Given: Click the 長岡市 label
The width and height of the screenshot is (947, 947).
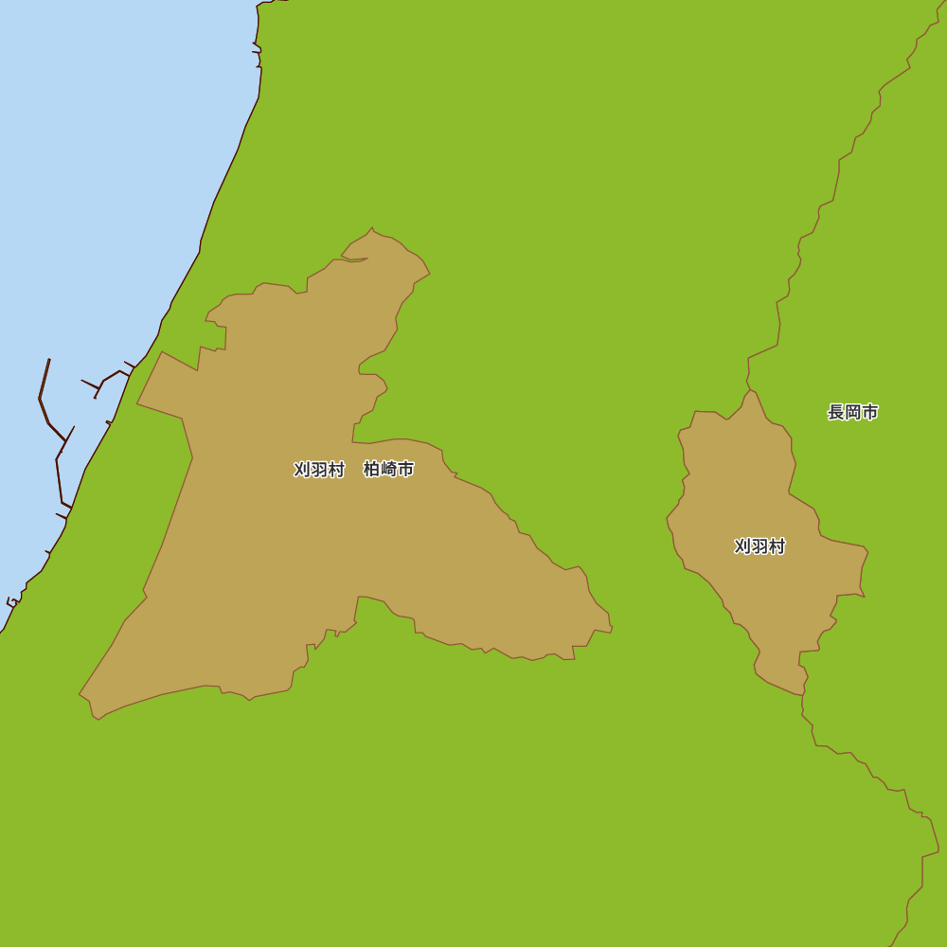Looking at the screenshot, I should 852,412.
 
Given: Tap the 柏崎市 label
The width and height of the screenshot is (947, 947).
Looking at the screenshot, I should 388,469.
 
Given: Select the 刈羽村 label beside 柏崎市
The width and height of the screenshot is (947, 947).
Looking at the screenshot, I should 319,470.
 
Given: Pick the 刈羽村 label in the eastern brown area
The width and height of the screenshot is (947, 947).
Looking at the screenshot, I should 759,546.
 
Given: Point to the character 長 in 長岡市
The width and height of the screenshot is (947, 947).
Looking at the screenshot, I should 836,412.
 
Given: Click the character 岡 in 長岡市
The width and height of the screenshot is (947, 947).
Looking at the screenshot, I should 853,412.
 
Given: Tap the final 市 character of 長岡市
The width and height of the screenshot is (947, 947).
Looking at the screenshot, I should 869,412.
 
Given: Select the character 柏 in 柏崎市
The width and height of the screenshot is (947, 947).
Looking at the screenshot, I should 372,469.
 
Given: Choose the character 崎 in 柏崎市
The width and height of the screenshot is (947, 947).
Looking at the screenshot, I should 388,469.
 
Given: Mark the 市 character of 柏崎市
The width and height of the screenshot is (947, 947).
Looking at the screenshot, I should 405,469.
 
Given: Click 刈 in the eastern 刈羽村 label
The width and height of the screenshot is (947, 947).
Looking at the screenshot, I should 742,546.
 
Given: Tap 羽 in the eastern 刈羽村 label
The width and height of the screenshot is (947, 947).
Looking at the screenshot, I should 759,546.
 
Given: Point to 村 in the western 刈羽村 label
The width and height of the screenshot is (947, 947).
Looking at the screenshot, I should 336,470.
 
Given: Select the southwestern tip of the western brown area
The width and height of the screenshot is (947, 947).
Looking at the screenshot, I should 80,696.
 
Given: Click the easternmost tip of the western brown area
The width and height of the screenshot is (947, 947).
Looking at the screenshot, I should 612,626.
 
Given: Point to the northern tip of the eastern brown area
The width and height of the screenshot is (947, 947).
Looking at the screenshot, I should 751,390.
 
